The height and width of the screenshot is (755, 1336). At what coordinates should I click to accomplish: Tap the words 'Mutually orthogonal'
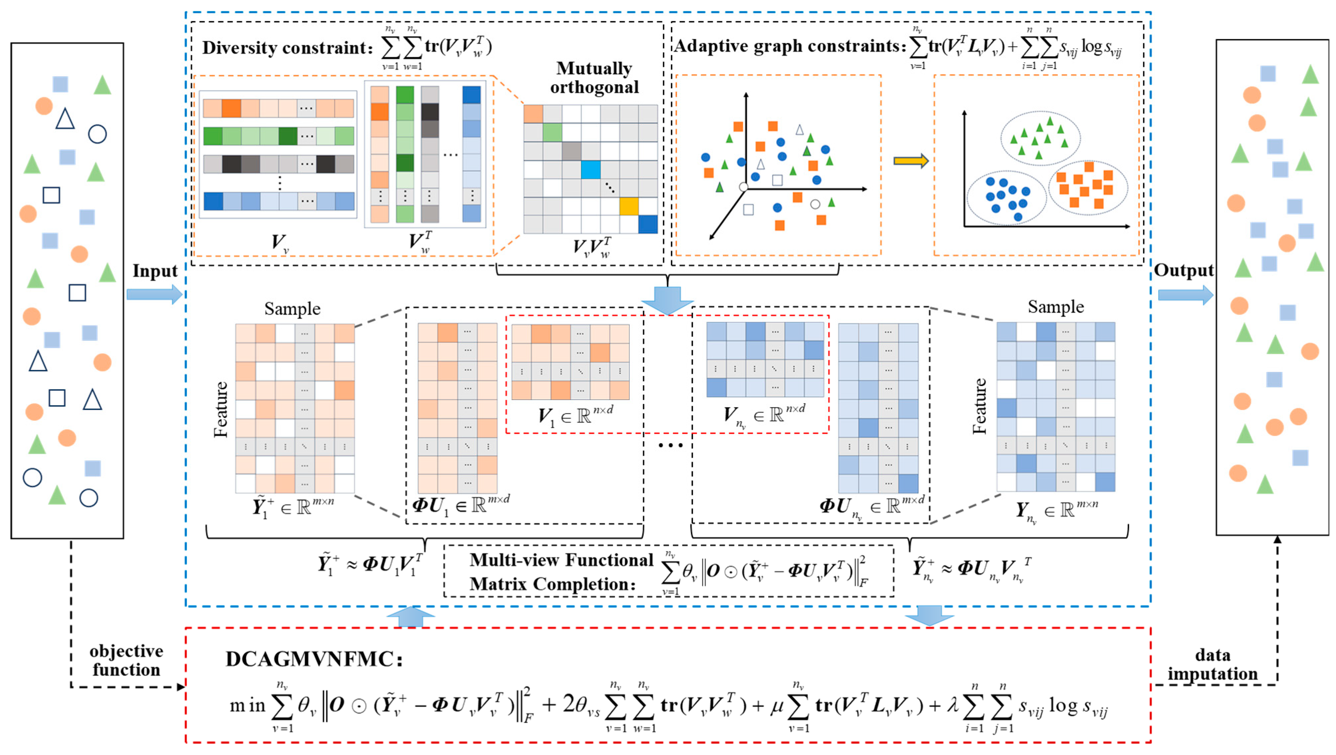594,78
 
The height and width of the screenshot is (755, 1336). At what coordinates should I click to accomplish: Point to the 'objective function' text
126,660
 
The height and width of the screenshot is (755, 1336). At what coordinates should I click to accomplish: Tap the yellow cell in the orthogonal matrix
629,206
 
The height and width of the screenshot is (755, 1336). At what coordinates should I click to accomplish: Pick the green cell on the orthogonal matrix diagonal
553,132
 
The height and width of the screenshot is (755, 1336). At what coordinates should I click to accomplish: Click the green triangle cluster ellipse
1040,138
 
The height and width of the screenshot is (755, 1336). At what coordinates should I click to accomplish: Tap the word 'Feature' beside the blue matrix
980,406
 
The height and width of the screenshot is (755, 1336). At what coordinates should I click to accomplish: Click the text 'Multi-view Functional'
561,560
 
